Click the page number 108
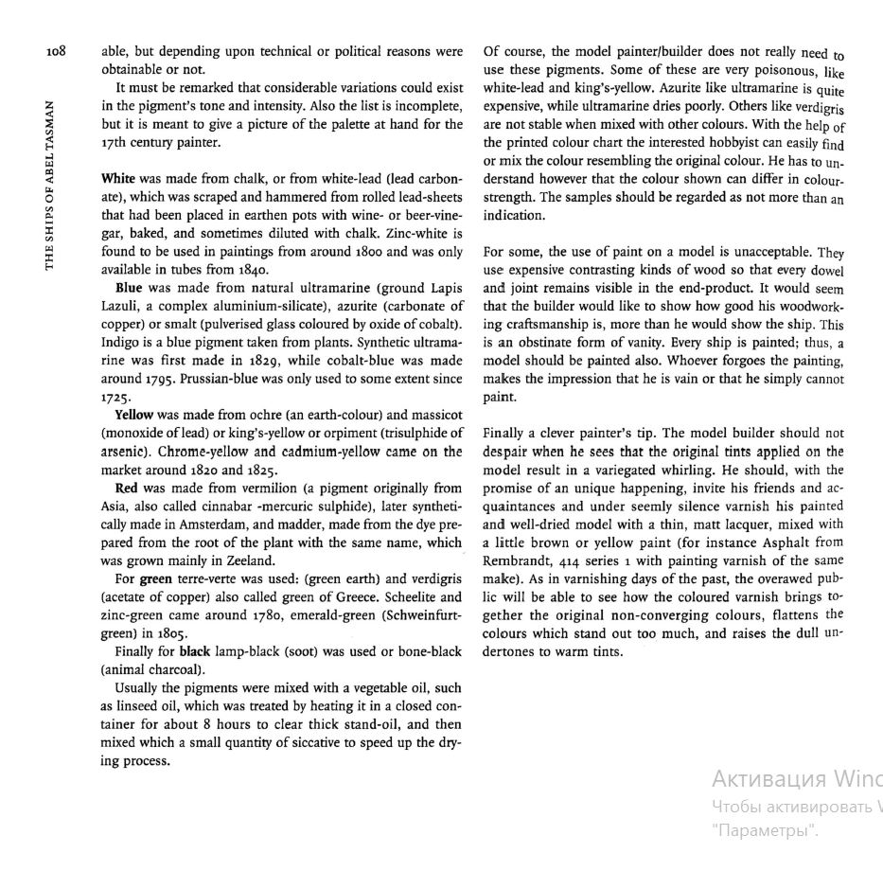pyautogui.click(x=55, y=51)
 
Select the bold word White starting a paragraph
pyautogui.click(x=118, y=178)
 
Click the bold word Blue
pyautogui.click(x=130, y=286)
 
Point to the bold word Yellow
pyautogui.click(x=134, y=415)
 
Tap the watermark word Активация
pyautogui.click(x=768, y=779)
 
